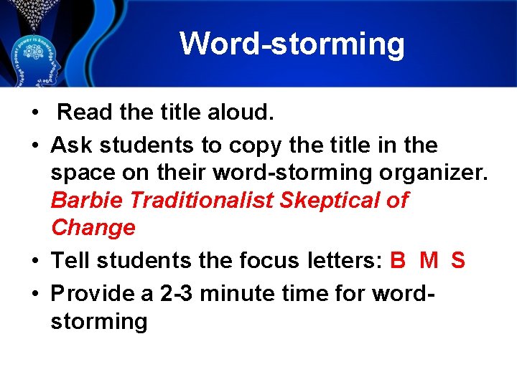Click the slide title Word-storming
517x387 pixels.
[292, 43]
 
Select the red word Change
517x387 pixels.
[93, 228]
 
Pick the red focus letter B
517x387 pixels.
[398, 261]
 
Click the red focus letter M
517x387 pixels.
[429, 261]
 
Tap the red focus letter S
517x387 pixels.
[458, 261]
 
